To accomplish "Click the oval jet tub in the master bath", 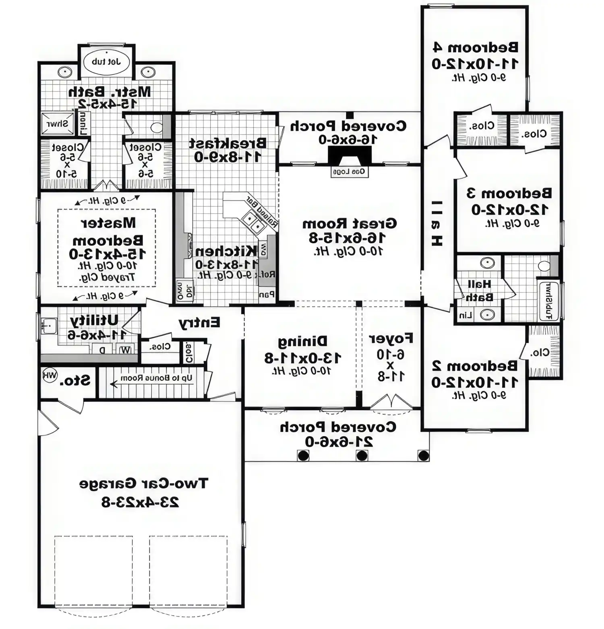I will (x=106, y=62).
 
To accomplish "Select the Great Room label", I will (x=350, y=223).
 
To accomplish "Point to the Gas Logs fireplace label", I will (x=350, y=172).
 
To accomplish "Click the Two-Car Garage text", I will (x=143, y=483).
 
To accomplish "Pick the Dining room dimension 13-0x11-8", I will (x=303, y=358).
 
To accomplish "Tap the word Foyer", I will (x=391, y=338).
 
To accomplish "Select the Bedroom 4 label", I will (x=475, y=47).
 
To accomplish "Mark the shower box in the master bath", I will (x=58, y=124).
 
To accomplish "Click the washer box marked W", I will (x=126, y=350).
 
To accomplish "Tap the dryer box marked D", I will (x=102, y=350).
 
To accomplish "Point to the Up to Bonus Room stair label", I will (x=156, y=378).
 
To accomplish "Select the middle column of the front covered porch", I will (x=362, y=456).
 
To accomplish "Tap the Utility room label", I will (x=94, y=320).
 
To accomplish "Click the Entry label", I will (x=199, y=323).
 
